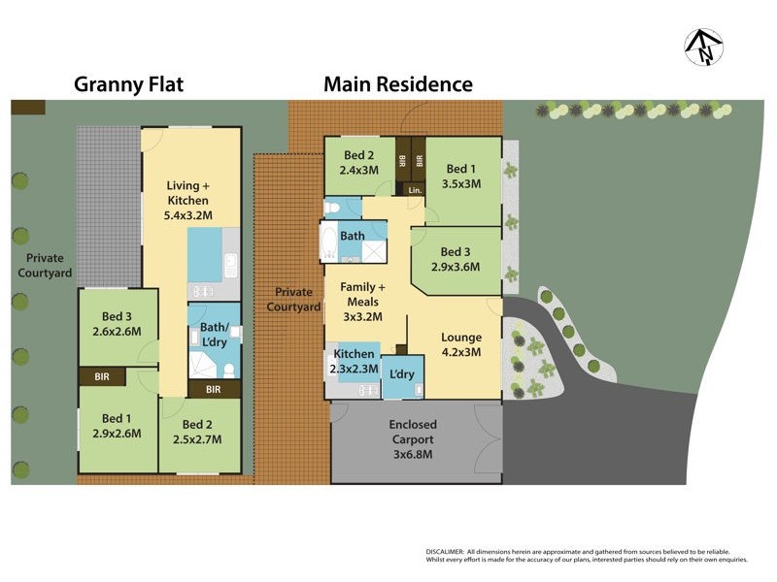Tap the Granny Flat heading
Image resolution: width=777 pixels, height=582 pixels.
pos(130,84)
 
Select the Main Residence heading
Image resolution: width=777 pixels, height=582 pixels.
pos(398,84)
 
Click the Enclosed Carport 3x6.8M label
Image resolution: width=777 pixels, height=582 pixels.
pos(413,438)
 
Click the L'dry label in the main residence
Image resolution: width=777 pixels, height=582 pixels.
pos(402,374)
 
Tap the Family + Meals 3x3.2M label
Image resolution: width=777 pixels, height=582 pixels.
pos(362,302)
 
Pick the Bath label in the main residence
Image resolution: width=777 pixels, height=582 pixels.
pos(353,236)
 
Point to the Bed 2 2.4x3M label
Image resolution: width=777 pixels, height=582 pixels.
pos(358,163)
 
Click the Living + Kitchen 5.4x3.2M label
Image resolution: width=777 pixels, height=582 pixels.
pos(187,200)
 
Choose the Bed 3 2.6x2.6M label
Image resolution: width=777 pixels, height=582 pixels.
pos(117,324)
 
